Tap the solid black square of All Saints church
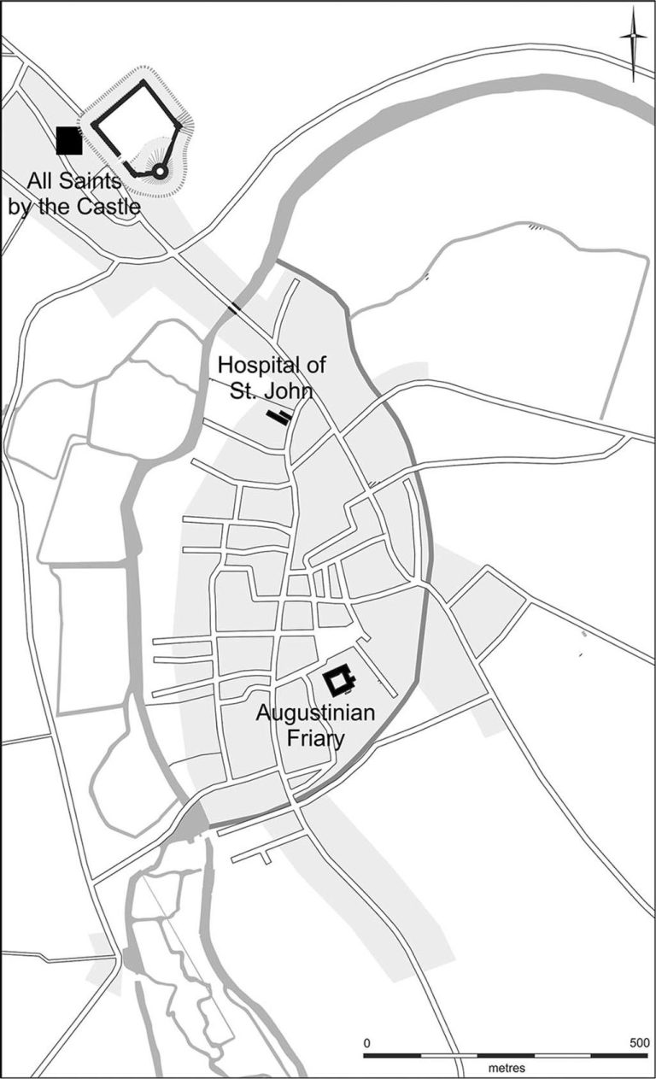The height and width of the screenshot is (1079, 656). (68, 140)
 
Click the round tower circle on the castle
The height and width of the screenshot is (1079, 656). (159, 172)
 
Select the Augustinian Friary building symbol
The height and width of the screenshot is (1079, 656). (339, 681)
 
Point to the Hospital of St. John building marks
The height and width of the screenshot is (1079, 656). (278, 417)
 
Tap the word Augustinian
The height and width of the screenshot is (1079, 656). (315, 713)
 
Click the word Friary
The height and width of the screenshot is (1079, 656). (315, 737)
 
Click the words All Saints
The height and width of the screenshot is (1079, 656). (73, 182)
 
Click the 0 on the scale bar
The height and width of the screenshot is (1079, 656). (366, 1042)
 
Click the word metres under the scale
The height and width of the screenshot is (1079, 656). (507, 1068)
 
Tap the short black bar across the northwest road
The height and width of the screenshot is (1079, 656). (234, 306)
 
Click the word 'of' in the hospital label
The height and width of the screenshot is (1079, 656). (315, 366)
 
